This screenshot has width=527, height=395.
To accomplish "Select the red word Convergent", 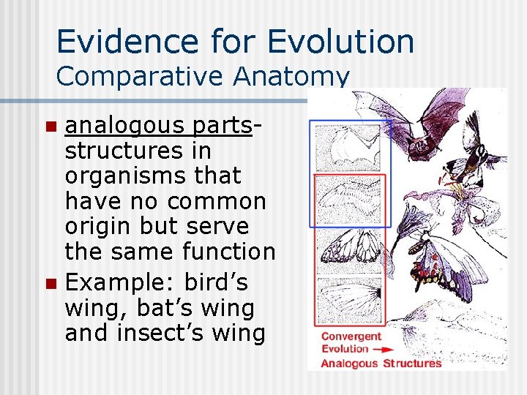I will click(352, 336).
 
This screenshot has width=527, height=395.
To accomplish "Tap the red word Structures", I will click(413, 363).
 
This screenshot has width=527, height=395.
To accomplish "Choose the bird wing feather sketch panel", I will click(349, 197).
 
